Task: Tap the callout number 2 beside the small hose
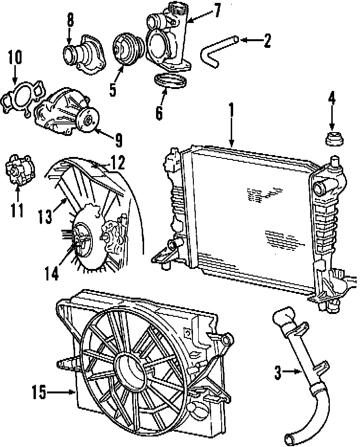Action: [266, 41]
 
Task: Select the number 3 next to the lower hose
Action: [278, 372]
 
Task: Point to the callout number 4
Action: [331, 100]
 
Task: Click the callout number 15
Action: [40, 393]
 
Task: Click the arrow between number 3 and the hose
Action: [292, 372]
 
